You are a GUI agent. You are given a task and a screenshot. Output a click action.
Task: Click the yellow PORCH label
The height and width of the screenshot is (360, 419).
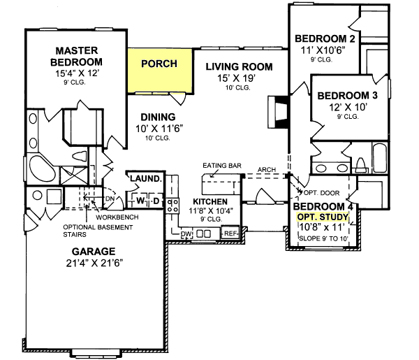click(159, 64)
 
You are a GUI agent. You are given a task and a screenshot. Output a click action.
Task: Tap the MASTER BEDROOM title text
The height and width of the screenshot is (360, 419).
click(75, 56)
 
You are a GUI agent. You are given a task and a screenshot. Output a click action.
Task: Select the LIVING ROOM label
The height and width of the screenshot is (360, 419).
click(238, 67)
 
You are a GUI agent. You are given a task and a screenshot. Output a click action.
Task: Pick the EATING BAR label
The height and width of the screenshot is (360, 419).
click(222, 166)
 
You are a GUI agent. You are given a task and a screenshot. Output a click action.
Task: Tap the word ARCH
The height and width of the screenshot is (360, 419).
click(266, 169)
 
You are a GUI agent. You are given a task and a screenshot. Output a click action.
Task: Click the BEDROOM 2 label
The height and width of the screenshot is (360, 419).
click(323, 38)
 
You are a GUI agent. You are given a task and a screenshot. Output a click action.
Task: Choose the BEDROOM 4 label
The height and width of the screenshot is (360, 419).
click(322, 207)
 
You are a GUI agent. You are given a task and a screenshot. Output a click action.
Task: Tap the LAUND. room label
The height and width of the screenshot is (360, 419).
click(146, 179)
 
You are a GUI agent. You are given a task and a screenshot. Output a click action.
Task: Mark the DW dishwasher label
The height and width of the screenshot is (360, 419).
click(186, 234)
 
